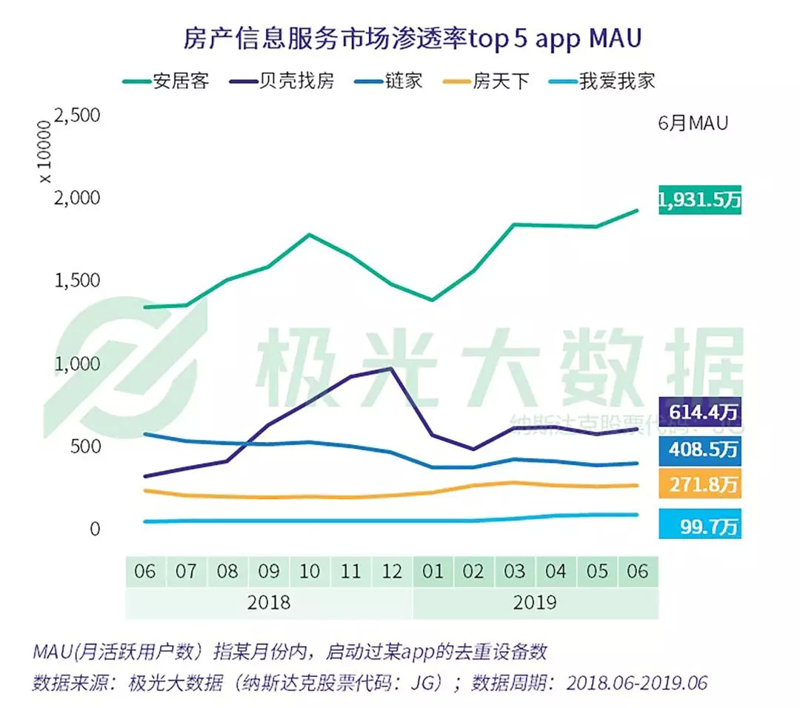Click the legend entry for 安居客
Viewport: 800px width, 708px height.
tap(166, 80)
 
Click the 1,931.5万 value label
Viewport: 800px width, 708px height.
tap(699, 200)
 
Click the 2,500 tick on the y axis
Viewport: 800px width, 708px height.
tap(76, 116)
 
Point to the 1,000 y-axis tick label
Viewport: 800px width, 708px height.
tap(76, 364)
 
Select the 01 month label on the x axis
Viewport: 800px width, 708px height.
tap(433, 572)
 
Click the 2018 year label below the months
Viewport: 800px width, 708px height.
tap(270, 602)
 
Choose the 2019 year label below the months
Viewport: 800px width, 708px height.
tap(535, 602)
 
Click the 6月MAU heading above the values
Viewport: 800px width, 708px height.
tap(693, 124)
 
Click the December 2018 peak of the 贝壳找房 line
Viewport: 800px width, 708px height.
tap(391, 368)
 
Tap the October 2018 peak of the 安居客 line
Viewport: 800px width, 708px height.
tap(308, 235)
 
